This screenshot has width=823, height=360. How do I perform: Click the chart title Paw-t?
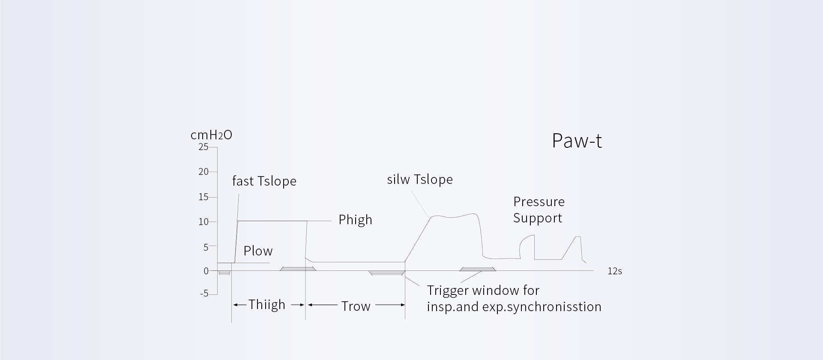tap(577, 141)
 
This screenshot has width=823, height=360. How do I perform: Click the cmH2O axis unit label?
tap(211, 135)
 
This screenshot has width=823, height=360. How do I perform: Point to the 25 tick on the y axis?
tap(203, 147)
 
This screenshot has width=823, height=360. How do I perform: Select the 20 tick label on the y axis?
tap(203, 172)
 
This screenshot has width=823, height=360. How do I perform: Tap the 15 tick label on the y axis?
tap(203, 197)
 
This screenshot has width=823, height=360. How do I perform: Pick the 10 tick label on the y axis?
tap(203, 222)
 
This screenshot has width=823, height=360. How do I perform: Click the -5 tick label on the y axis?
tap(204, 294)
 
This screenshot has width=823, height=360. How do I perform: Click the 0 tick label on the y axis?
tap(206, 271)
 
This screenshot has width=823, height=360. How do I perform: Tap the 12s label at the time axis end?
tap(614, 271)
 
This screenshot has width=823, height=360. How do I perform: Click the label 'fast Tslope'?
tap(264, 181)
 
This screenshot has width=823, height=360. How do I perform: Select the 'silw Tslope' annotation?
tap(419, 179)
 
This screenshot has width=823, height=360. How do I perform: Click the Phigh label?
tap(355, 220)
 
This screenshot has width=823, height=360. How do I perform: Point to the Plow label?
tap(258, 251)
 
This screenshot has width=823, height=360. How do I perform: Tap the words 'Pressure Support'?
tap(539, 210)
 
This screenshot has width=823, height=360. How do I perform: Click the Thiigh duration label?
tap(266, 305)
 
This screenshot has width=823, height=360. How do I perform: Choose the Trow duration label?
tap(356, 306)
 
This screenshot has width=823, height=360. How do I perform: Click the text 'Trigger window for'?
tap(483, 291)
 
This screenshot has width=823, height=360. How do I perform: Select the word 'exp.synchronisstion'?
tap(542, 307)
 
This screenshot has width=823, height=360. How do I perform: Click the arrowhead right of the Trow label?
tap(402, 305)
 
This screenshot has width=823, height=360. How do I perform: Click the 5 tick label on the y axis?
tap(206, 247)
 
